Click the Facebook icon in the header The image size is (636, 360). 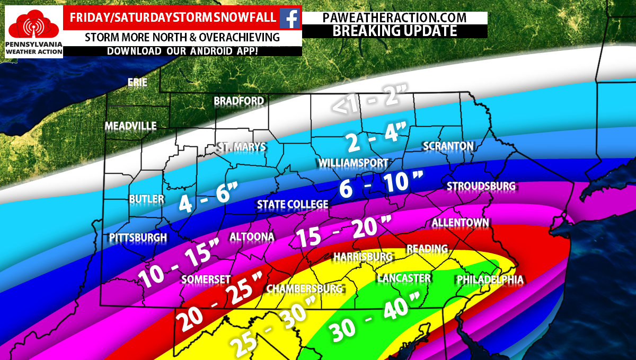point(289,18)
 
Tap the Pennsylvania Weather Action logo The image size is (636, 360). point(34,32)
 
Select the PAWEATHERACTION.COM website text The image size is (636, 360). point(394,17)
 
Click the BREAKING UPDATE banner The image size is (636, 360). point(394,31)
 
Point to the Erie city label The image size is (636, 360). point(137,82)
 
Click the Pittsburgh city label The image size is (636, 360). point(138,237)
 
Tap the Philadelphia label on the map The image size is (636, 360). point(490,279)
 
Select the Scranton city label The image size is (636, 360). point(448,146)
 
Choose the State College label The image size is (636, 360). point(293,205)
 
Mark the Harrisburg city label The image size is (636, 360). point(363,257)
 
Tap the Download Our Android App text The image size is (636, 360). point(183,51)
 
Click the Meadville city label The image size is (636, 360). point(130,126)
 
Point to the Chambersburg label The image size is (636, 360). point(304,289)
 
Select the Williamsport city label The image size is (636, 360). point(353,162)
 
